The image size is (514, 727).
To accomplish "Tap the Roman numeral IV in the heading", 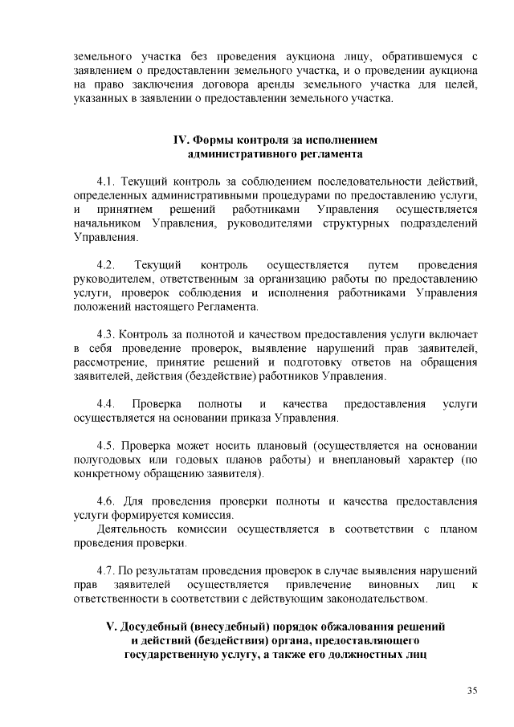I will coord(182,139).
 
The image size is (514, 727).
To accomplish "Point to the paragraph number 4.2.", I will coord(107,264).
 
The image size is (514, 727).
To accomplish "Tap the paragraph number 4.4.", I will coord(107,402).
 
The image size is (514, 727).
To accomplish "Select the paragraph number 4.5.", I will coord(107,444).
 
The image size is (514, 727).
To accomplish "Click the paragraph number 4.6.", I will coord(107,500).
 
